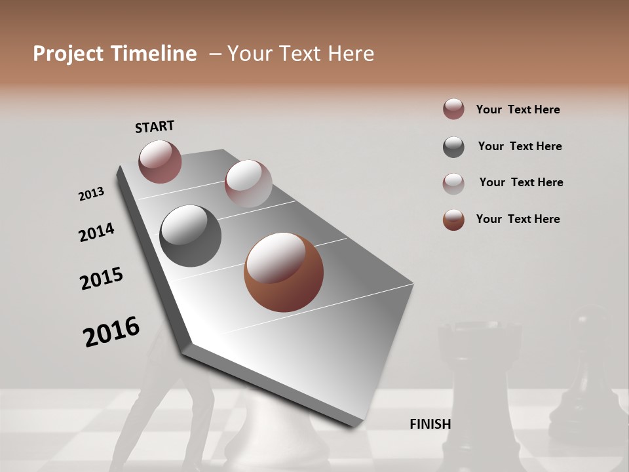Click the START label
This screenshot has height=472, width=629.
click(x=155, y=126)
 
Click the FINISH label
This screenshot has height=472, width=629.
click(x=430, y=424)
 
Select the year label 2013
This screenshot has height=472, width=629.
click(x=91, y=194)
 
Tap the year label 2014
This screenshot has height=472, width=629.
click(x=96, y=232)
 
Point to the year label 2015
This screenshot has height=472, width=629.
click(x=102, y=279)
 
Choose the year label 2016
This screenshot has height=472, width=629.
click(x=111, y=331)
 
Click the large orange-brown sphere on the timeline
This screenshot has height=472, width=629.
click(x=284, y=272)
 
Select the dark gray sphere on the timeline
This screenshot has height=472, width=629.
click(x=190, y=236)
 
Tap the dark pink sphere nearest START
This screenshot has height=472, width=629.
click(x=160, y=161)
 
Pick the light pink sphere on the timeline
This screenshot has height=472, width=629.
click(x=248, y=184)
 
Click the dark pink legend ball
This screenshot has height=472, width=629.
click(x=453, y=109)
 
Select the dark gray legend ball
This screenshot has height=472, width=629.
click(x=453, y=147)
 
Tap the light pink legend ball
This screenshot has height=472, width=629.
click(x=453, y=184)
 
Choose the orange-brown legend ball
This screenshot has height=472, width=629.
click(x=453, y=220)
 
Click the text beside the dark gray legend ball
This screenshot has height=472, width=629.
click(x=520, y=146)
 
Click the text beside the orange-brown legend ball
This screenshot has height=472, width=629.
click(x=518, y=219)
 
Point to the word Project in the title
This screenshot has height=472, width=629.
click(x=69, y=54)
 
